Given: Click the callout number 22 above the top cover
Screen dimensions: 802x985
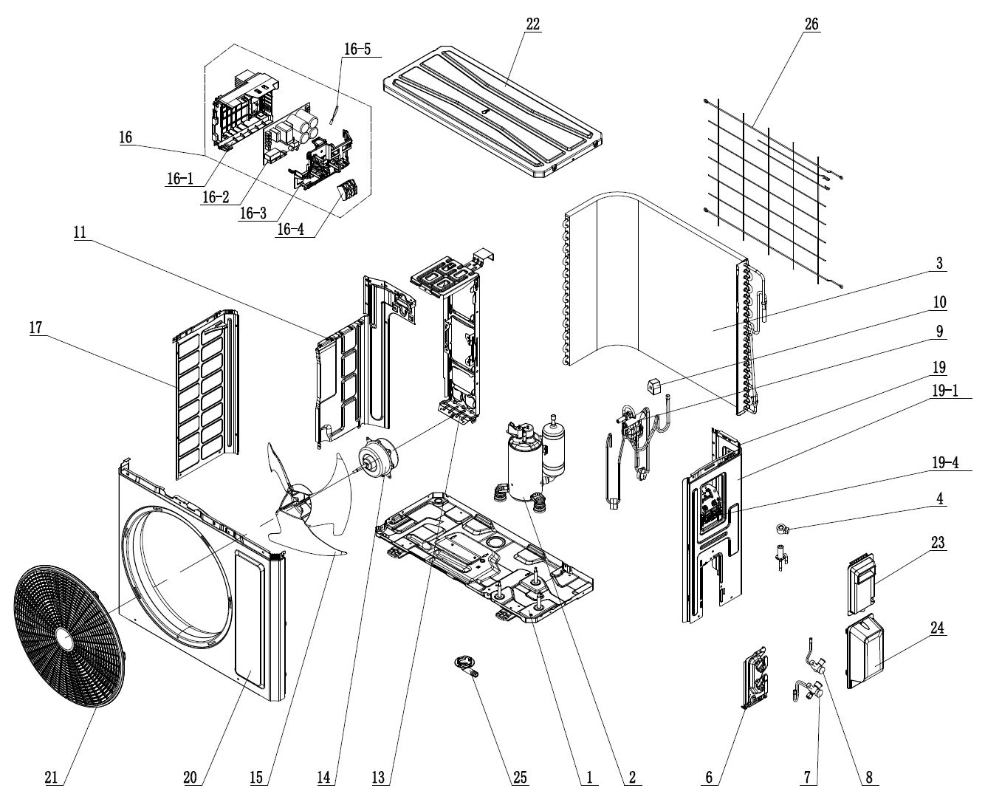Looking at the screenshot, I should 533,24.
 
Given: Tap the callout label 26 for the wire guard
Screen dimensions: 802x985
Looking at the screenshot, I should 811,24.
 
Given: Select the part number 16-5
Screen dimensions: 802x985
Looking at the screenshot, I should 357,49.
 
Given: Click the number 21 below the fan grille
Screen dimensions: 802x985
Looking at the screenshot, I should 50,777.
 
